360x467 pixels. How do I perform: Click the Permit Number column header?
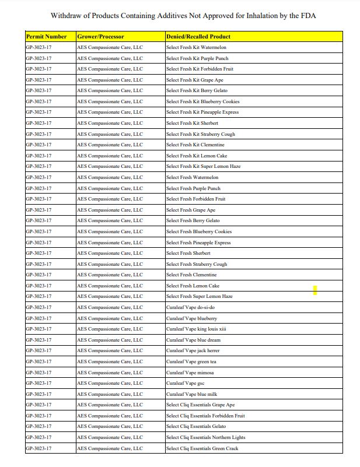47,37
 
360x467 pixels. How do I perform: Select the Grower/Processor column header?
100,37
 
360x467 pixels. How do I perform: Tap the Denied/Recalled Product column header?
198,37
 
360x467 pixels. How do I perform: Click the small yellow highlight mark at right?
315,290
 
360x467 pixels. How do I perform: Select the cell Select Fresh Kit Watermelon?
196,48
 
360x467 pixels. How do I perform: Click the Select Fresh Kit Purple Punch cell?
197,58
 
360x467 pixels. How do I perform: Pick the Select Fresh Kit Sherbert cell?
192,123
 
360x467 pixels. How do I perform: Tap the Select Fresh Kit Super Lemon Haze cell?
203,167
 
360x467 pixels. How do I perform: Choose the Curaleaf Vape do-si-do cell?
190,307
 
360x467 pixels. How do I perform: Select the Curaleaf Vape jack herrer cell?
193,350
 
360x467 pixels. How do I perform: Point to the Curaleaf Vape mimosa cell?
190,373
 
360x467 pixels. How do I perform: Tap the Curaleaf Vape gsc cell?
185,383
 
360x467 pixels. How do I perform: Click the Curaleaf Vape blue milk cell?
191,394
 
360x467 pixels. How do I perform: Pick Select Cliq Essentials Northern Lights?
205,437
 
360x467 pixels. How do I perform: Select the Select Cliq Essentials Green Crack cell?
202,448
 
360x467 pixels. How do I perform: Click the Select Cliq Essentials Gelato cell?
195,427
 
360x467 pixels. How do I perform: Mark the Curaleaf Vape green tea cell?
191,361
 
